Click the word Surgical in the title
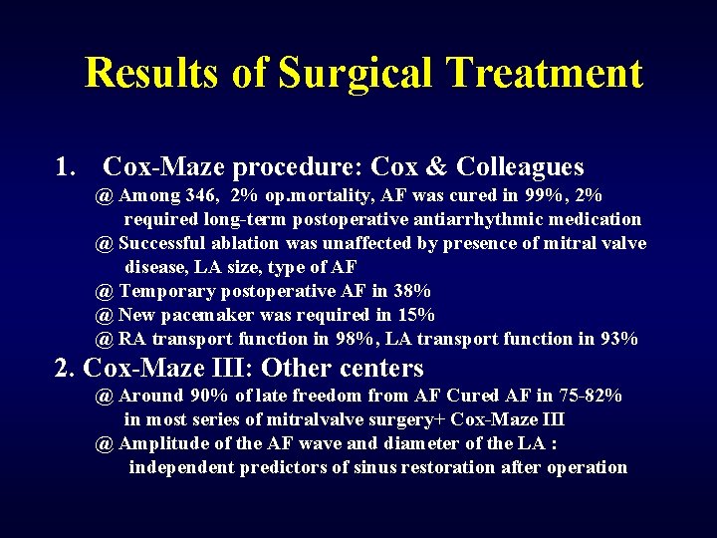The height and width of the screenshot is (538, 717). click(356, 74)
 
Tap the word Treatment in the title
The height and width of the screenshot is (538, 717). click(544, 74)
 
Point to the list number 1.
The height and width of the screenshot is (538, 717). click(67, 166)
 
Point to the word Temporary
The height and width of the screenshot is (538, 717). click(164, 291)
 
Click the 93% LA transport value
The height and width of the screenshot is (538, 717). click(617, 339)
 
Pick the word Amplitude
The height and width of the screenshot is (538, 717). click(164, 443)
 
